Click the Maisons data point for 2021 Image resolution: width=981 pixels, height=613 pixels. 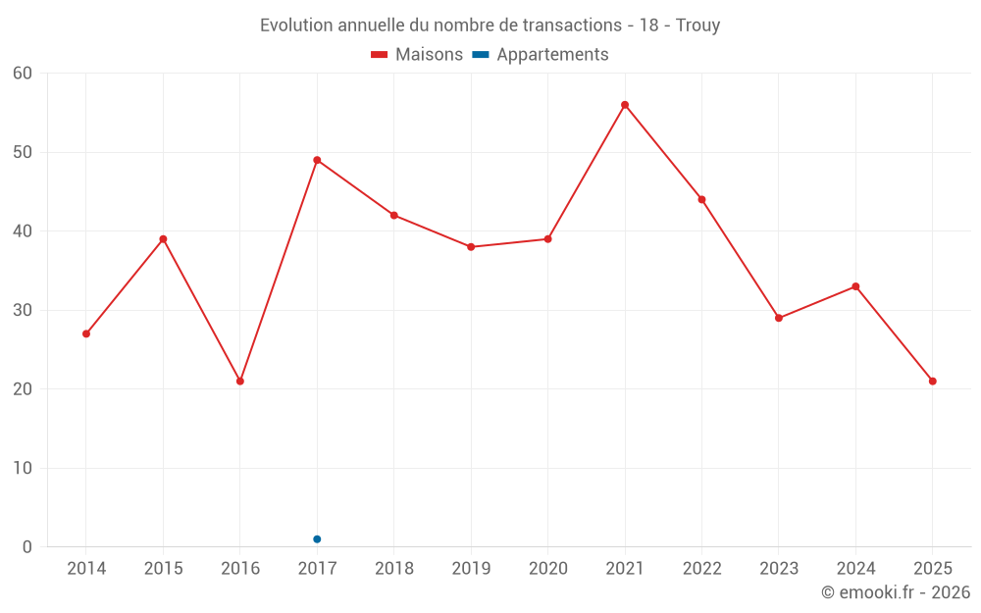point(625,105)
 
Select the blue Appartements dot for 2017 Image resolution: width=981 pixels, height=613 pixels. point(317,539)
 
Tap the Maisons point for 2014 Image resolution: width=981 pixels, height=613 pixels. point(86,333)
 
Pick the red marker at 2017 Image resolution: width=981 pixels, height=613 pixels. point(317,160)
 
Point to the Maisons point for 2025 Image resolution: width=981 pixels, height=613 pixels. point(933,382)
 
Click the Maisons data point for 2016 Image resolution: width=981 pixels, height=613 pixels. point(240,382)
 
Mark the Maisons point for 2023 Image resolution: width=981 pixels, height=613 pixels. point(779,318)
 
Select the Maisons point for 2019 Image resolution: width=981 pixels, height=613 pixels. point(471,247)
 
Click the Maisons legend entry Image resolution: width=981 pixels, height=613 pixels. point(417,55)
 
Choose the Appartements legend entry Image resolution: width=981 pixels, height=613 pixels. point(541,55)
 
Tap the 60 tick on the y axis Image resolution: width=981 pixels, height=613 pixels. point(23,74)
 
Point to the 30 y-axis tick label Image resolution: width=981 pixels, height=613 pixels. point(23,310)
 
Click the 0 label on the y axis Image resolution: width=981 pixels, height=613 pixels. point(27,547)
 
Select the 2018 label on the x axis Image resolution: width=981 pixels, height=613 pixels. point(394,569)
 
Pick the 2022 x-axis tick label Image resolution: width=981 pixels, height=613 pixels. point(701,569)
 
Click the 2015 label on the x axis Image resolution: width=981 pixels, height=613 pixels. point(163,569)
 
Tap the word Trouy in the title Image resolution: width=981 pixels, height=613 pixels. point(697,26)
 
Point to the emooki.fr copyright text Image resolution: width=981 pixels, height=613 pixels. point(896,592)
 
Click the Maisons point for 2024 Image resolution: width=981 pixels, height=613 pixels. point(855,286)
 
